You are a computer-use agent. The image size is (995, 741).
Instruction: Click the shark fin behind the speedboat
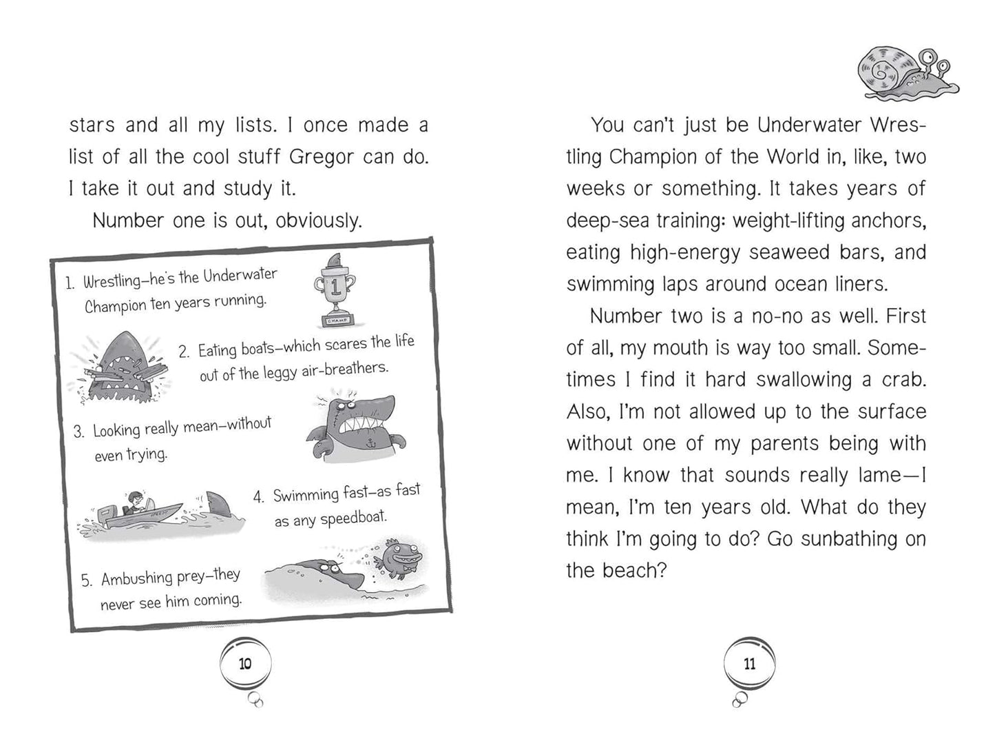pyautogui.click(x=218, y=506)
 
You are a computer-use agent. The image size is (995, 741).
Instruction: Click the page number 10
pyautogui.click(x=245, y=664)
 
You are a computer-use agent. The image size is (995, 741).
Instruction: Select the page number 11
pyautogui.click(x=750, y=664)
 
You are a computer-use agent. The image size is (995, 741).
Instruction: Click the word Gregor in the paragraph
pyautogui.click(x=322, y=156)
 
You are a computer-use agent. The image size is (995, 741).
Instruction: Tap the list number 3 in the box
pyautogui.click(x=79, y=432)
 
